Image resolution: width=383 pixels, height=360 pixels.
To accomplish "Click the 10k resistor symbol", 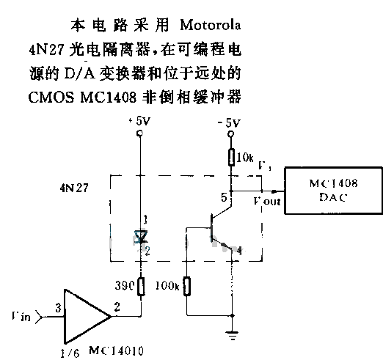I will click(x=232, y=156).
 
